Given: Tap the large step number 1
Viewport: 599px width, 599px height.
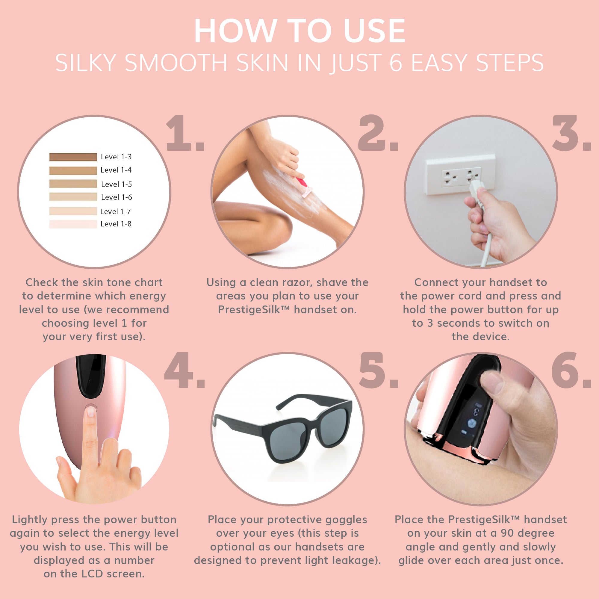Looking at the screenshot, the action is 185,133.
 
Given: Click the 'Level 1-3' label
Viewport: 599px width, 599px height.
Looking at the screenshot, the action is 116,157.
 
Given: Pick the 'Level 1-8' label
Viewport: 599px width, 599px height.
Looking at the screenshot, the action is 116,224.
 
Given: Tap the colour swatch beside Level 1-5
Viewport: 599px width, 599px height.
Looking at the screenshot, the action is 73,184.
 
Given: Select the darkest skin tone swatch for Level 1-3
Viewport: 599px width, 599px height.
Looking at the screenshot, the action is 73,157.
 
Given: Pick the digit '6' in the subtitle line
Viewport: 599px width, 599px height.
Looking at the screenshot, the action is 396,62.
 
